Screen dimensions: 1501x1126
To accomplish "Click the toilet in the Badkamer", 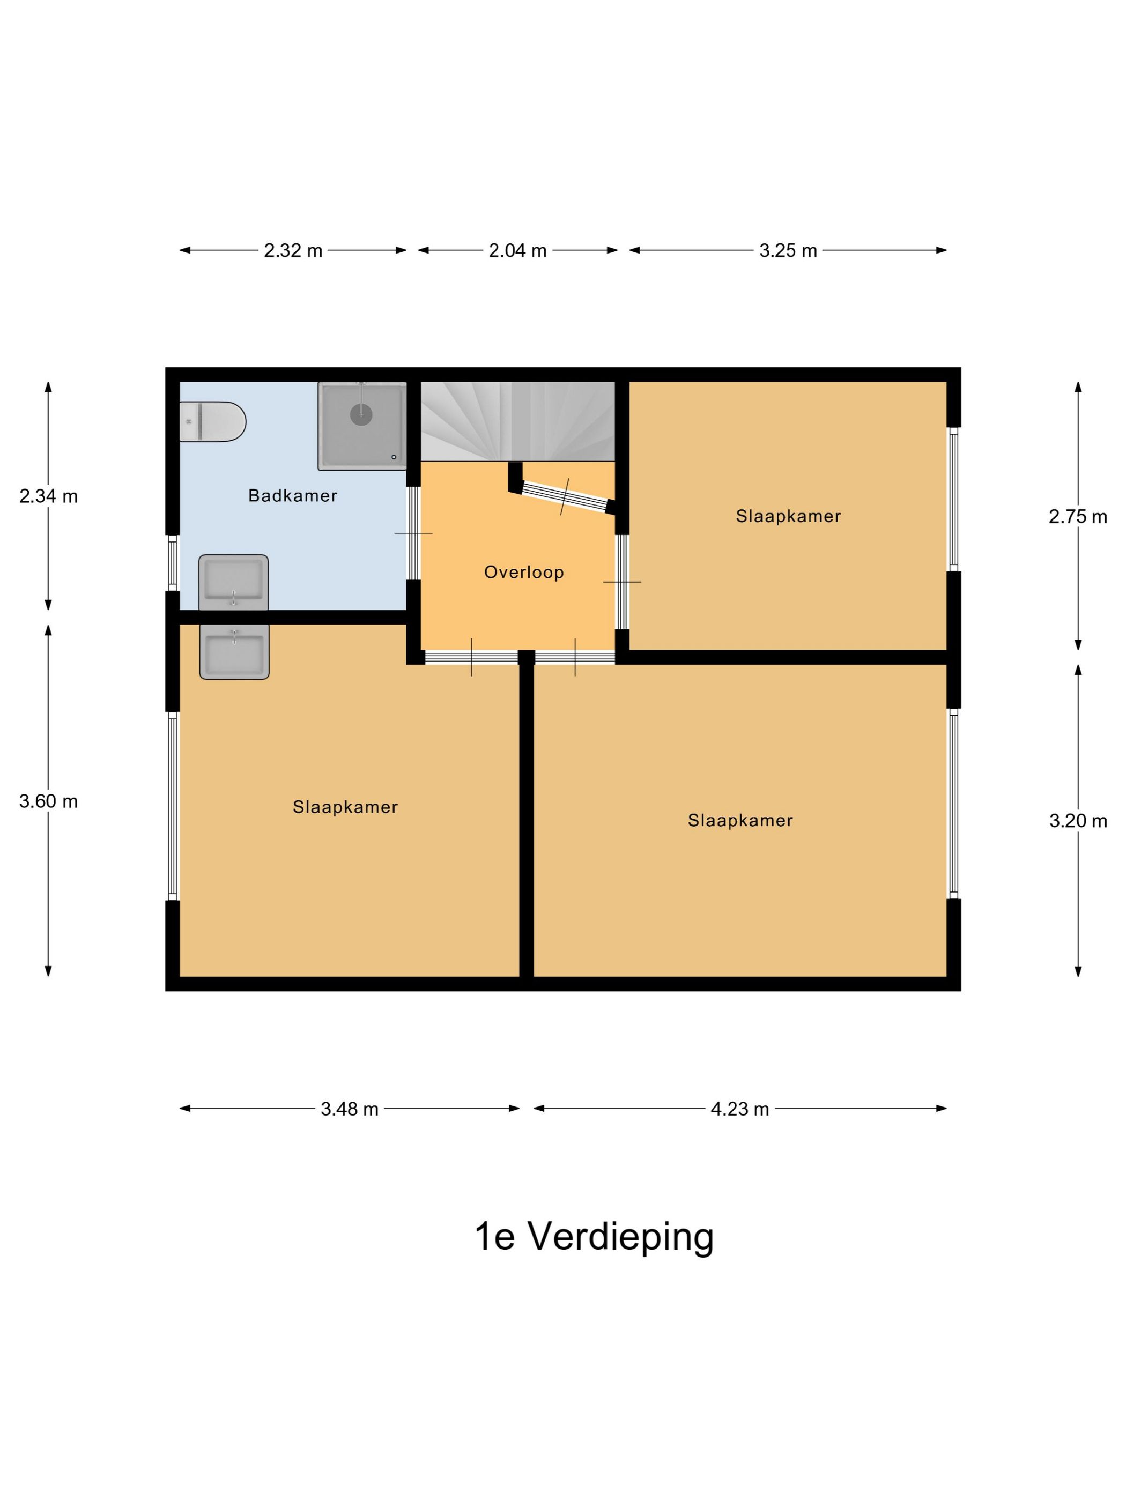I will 211,421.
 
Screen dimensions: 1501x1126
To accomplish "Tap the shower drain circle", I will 360,414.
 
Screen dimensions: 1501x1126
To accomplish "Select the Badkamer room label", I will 293,495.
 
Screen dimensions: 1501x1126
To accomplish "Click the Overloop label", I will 523,572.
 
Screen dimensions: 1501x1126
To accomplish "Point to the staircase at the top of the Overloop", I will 517,421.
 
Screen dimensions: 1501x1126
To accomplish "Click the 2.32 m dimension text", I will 293,250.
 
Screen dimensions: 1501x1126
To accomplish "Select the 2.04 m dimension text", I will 517,250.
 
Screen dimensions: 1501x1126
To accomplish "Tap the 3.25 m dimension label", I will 787,250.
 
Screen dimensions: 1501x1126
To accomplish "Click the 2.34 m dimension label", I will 48,496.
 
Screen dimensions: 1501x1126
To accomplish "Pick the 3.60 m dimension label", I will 48,801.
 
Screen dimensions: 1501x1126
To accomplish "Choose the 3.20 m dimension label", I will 1077,821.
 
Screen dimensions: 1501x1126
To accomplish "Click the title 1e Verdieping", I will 593,1236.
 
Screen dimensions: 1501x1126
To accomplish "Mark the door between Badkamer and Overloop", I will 413,533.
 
